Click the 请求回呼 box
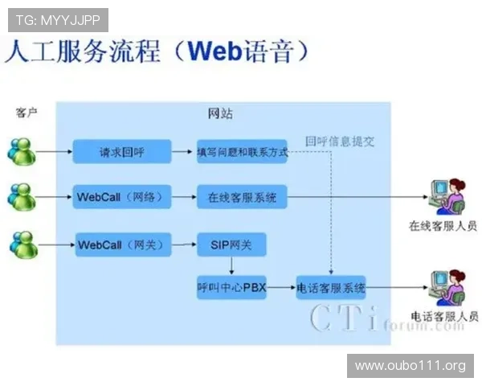122,151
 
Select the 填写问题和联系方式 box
242,151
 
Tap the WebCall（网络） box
121,197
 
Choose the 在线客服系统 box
242,197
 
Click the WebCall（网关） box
121,244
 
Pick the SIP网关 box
231,244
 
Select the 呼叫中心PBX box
231,287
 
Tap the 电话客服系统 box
331,287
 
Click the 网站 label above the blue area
220,114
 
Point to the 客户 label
27,113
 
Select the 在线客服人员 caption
443,226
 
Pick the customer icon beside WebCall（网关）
24,243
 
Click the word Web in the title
214,52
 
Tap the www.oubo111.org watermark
410,366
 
